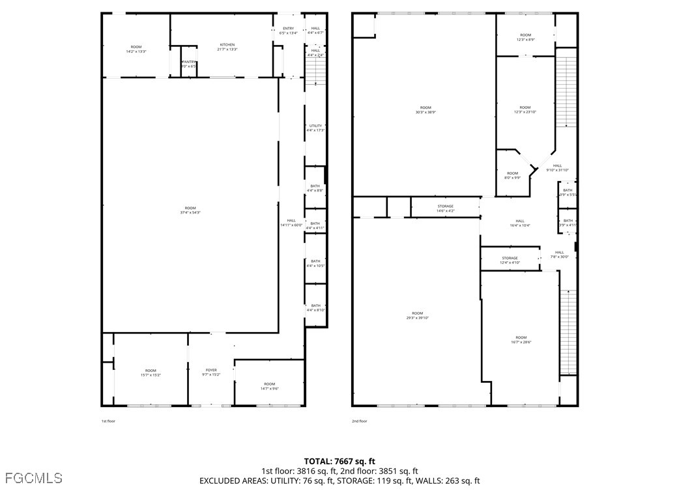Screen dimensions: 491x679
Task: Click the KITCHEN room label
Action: [x=227, y=47]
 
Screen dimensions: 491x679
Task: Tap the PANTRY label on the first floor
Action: [x=188, y=64]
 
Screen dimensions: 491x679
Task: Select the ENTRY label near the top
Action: [x=288, y=31]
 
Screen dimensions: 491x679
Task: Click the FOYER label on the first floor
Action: [x=211, y=372]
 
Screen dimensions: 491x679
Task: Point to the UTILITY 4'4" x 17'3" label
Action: [x=315, y=128]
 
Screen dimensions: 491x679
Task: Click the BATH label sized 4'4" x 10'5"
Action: [x=315, y=263]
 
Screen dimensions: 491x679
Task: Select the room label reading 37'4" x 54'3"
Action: [x=190, y=210]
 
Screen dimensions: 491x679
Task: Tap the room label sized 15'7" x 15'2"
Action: [x=151, y=372]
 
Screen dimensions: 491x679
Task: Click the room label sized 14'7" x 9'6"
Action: [x=269, y=386]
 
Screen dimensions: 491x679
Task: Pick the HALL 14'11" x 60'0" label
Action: [x=291, y=223]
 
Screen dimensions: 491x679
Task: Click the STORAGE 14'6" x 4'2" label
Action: [x=445, y=208]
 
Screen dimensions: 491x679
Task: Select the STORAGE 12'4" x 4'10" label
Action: [x=510, y=260]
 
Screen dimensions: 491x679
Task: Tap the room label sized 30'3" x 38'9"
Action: [x=425, y=109]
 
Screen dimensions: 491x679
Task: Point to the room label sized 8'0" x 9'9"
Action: [x=512, y=175]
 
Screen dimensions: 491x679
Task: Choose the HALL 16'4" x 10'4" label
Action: [x=519, y=223]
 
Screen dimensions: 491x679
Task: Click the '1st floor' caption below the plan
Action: [x=108, y=421]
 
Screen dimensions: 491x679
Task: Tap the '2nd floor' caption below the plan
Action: [x=359, y=421]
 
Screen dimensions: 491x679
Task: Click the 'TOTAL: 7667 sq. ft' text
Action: [x=339, y=461]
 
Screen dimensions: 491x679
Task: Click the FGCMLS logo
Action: [x=31, y=479]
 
